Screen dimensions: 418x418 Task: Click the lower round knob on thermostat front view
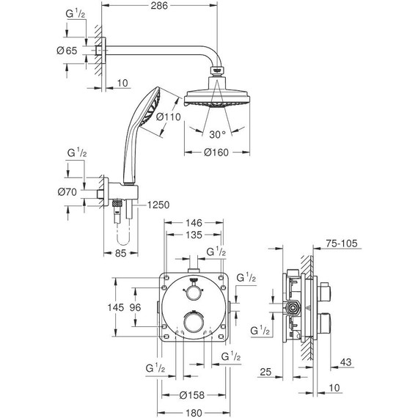(194, 323)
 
